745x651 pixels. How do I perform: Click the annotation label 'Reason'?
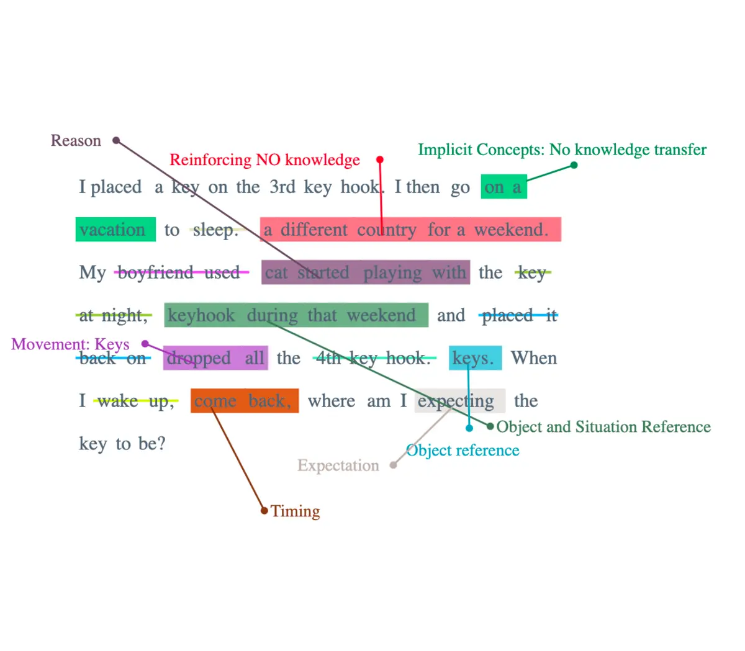[76, 140]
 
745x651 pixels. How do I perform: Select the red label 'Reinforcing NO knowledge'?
[264, 159]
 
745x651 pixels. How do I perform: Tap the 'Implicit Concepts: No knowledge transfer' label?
[562, 150]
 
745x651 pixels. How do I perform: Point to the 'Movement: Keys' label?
[70, 344]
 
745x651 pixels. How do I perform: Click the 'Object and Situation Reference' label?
[603, 427]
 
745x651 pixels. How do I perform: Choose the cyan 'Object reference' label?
[463, 451]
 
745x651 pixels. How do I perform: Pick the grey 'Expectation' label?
[338, 465]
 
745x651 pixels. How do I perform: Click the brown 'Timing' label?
[296, 511]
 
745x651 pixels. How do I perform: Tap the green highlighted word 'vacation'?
[115, 230]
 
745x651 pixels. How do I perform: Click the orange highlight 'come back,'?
[245, 401]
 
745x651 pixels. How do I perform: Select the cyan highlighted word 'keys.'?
[475, 358]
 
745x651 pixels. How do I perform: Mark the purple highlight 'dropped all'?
[215, 358]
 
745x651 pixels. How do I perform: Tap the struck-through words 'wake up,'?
[135, 401]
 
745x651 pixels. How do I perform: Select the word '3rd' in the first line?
[282, 187]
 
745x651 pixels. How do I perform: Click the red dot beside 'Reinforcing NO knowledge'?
[380, 159]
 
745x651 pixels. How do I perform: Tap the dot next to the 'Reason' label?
[116, 140]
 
